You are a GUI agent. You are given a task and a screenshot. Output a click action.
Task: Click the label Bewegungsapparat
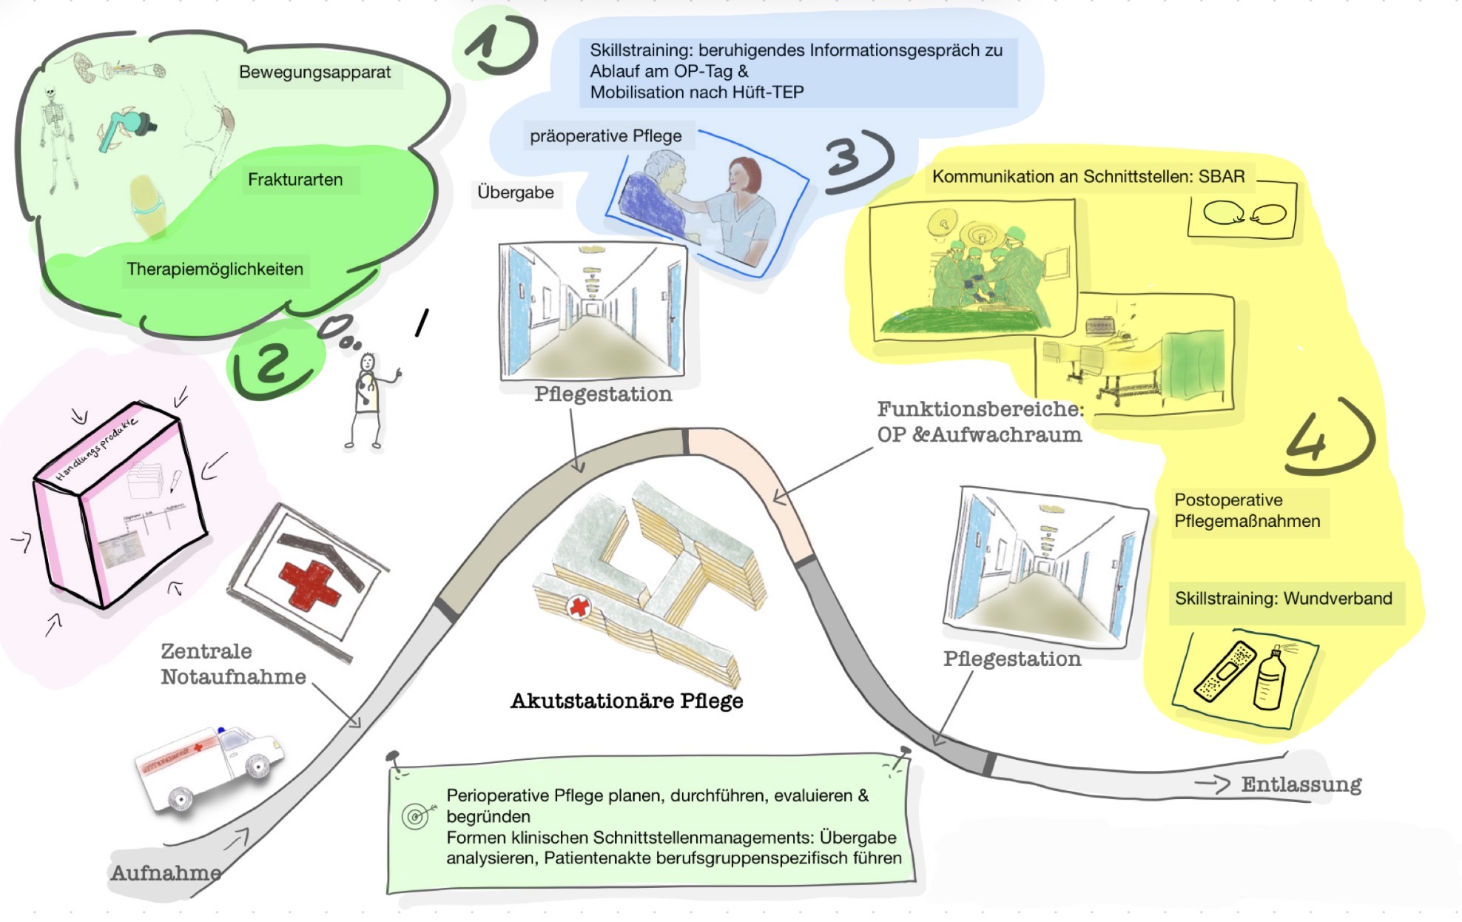pyautogui.click(x=314, y=73)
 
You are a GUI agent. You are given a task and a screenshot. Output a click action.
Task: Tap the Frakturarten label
pyautogui.click(x=295, y=180)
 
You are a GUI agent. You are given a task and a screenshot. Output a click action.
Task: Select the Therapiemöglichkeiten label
pyautogui.click(x=215, y=269)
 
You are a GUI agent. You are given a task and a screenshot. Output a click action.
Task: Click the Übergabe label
pyautogui.click(x=516, y=193)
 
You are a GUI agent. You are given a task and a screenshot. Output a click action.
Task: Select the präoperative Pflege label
pyautogui.click(x=606, y=136)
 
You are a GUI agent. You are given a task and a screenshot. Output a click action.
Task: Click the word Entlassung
pyautogui.click(x=1301, y=784)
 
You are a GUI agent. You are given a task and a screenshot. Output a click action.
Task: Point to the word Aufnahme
pyautogui.click(x=166, y=873)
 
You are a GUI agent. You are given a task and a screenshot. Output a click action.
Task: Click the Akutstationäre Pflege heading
pyautogui.click(x=627, y=701)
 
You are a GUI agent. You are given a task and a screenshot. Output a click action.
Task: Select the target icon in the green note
pyautogui.click(x=416, y=815)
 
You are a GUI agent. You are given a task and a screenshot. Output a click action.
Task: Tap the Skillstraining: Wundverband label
pyautogui.click(x=1283, y=599)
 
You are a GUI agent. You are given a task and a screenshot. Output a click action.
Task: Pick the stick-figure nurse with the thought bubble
pyautogui.click(x=367, y=400)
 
